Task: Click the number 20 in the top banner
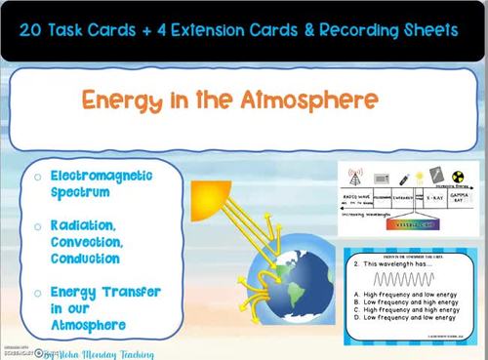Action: pyautogui.click(x=40, y=30)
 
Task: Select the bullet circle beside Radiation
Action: pyautogui.click(x=37, y=226)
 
